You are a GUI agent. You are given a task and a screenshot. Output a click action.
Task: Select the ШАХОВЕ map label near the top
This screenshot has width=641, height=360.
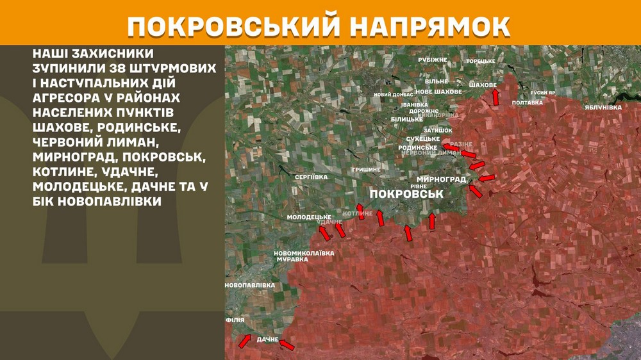(483, 85)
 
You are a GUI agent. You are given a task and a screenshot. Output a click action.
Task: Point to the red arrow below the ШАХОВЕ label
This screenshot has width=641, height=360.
(495, 97)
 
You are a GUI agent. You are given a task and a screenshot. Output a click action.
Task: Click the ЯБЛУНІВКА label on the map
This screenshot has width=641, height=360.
(603, 108)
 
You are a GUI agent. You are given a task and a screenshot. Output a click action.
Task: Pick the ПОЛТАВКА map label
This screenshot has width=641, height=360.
(528, 102)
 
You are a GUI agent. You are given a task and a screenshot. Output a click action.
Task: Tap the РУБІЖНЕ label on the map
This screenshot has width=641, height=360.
(433, 60)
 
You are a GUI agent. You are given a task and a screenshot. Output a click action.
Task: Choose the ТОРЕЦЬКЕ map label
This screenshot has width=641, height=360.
(481, 61)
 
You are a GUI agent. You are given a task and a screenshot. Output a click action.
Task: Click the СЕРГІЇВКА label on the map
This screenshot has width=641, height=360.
(312, 176)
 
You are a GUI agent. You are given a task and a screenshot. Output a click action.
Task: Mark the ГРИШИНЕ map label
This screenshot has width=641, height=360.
(366, 169)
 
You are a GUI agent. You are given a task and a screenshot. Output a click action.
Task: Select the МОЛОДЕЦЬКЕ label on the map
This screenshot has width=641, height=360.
(309, 218)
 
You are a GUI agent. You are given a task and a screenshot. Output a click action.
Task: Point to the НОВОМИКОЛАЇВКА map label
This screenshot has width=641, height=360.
(304, 253)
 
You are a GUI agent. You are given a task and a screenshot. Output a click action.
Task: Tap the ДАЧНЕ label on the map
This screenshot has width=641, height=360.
(267, 340)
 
